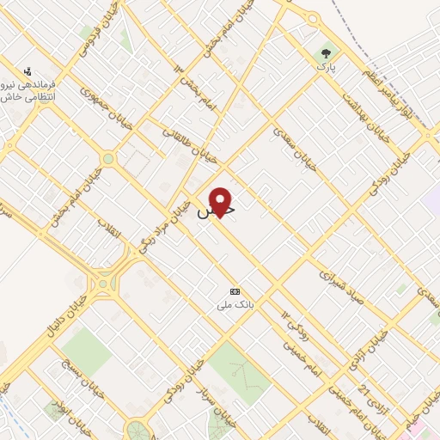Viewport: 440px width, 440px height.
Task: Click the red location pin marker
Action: pos(221,201)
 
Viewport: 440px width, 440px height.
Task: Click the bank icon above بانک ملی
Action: pos(235,292)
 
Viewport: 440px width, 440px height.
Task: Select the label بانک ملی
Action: pos(235,305)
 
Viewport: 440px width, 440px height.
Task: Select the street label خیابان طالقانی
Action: pos(188,147)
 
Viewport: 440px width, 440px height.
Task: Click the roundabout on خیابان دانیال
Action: pos(104,281)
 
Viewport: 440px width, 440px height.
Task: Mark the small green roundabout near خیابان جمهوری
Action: pos(108,159)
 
